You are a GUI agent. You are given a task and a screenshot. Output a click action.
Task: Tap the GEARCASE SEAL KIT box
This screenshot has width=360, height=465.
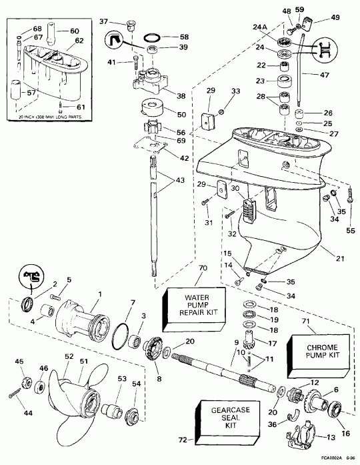coord(227,422)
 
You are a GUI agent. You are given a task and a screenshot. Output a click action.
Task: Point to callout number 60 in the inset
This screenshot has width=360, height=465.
coord(74,30)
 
